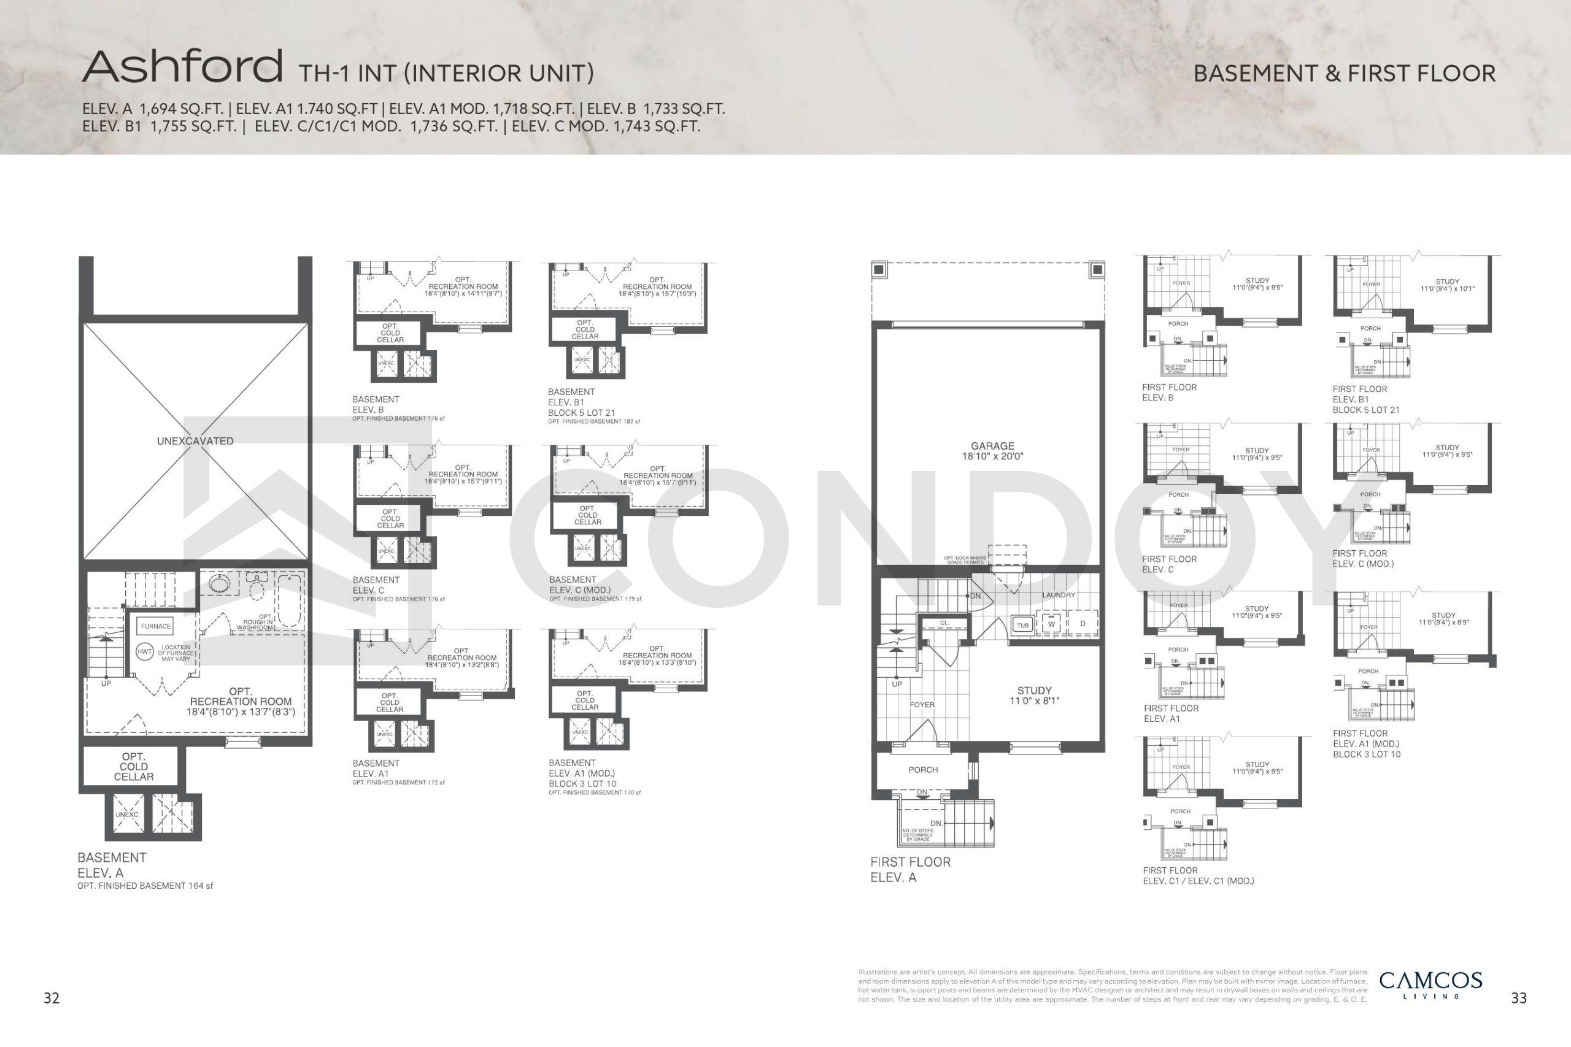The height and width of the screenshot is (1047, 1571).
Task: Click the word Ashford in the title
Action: [182, 67]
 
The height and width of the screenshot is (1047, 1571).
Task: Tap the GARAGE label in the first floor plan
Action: [992, 451]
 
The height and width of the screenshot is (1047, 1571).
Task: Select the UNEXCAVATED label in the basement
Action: [195, 441]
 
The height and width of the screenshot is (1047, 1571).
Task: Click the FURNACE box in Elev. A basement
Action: [156, 626]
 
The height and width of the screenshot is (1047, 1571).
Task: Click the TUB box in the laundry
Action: [1022, 625]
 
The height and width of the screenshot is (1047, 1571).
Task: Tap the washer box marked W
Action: [1051, 624]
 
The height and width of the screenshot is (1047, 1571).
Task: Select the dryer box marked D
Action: [1083, 624]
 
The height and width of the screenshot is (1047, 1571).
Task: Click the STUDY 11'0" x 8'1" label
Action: [1034, 695]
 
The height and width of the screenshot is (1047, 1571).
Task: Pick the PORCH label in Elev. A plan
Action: [923, 770]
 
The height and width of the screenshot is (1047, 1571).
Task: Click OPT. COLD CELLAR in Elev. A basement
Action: [134, 767]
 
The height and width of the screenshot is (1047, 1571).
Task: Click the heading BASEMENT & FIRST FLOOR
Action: [1344, 74]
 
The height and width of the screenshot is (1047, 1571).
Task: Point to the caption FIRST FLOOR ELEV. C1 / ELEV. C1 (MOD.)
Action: [1198, 875]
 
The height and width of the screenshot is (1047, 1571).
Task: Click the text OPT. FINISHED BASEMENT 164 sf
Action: [145, 886]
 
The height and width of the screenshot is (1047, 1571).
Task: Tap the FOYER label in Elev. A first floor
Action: [922, 705]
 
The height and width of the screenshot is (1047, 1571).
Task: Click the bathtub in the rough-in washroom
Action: [290, 601]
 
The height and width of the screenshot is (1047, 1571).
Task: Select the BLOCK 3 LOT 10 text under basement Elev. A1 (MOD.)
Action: [582, 783]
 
